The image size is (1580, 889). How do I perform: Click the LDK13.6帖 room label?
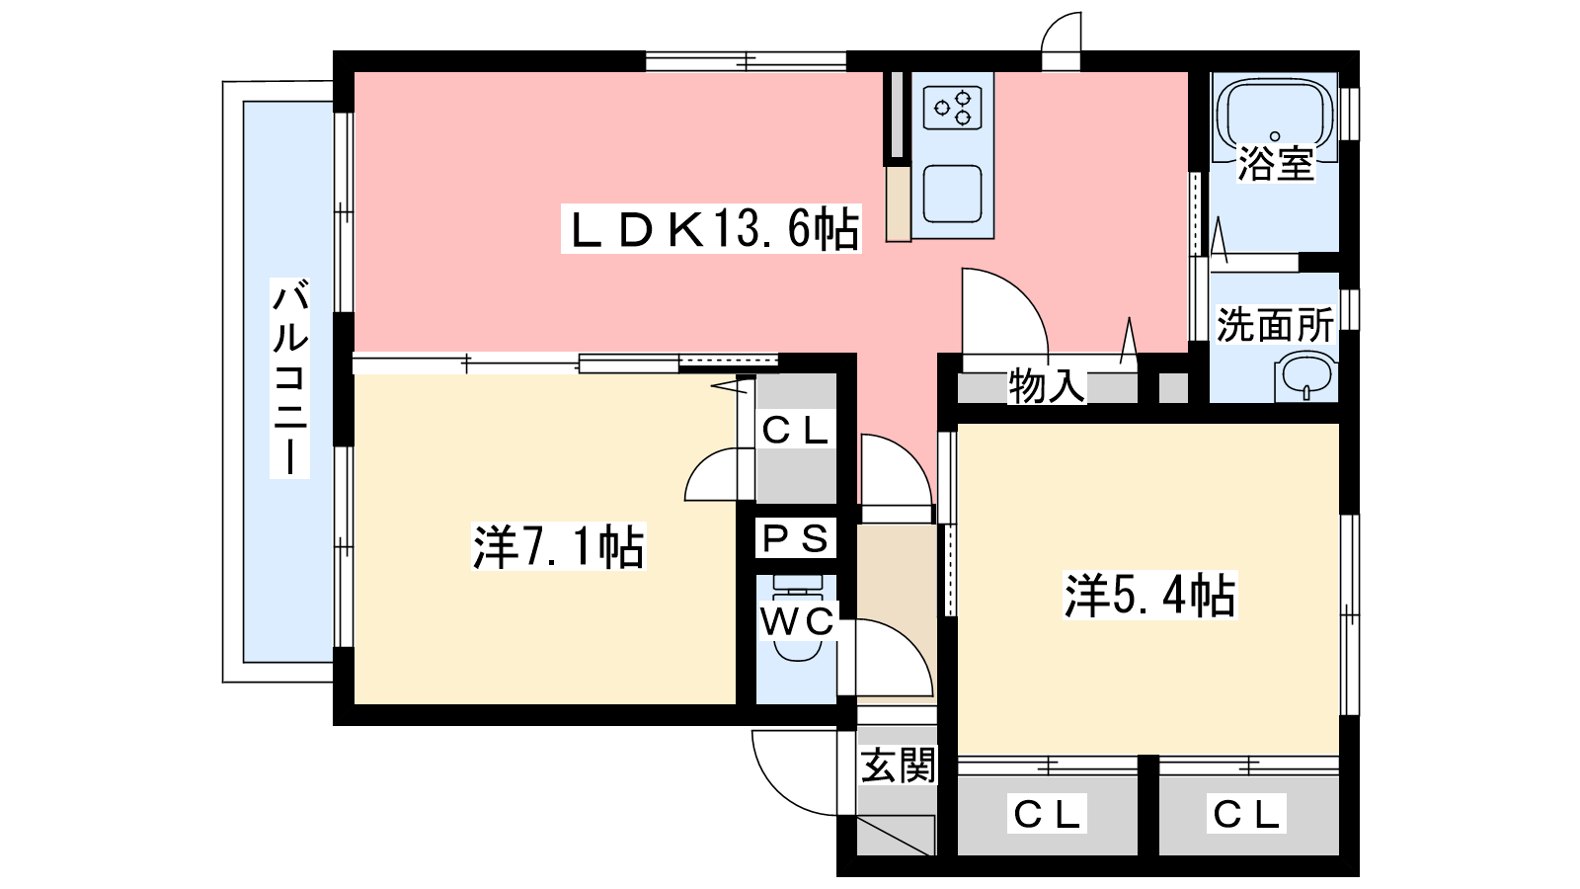711,229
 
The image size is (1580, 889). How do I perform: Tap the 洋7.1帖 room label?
559,546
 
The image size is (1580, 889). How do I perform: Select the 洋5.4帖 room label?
1149,595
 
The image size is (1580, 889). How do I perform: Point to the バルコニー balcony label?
290,378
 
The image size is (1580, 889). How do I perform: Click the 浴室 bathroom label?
1275,164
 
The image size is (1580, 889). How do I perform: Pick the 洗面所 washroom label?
1275,324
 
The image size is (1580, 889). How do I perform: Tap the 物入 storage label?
1047,385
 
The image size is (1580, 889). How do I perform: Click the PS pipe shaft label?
796,539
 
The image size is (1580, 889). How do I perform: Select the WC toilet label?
797,621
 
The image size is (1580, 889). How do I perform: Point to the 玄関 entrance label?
898,766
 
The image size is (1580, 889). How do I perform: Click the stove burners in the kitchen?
953,108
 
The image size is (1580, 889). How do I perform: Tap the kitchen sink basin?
953,193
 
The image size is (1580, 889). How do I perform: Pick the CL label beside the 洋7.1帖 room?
796,431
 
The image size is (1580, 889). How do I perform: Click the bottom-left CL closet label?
1048,814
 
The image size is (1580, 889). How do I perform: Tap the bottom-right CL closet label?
1247,814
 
